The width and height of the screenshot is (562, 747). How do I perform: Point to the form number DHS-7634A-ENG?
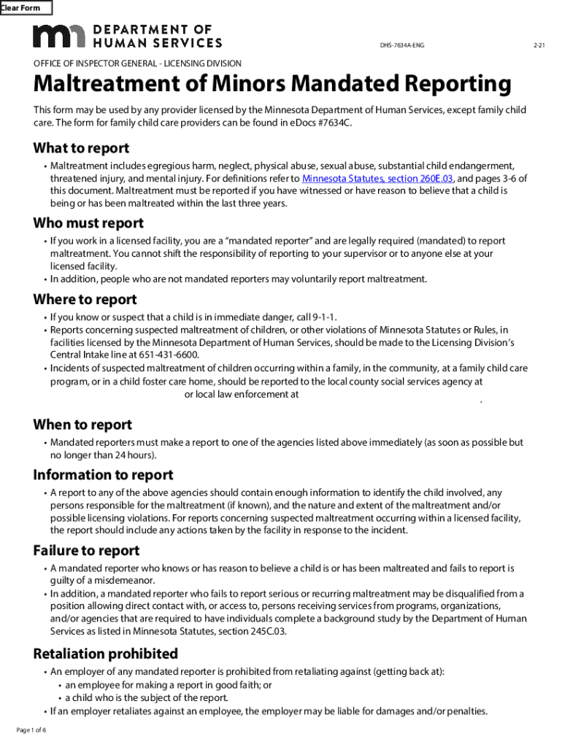401,46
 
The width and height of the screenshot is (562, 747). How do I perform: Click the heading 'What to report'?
81,148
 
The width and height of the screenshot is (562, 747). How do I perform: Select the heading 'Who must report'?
88,223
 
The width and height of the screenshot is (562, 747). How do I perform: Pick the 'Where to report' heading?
85,300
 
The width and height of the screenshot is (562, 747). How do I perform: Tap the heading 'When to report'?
82,425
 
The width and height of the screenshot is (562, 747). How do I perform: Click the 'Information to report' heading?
103,475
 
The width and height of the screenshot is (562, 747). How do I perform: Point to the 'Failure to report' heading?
86,550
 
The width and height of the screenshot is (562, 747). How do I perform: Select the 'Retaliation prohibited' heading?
106,653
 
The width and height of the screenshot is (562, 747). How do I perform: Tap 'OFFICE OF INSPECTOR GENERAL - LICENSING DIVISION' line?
137,63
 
